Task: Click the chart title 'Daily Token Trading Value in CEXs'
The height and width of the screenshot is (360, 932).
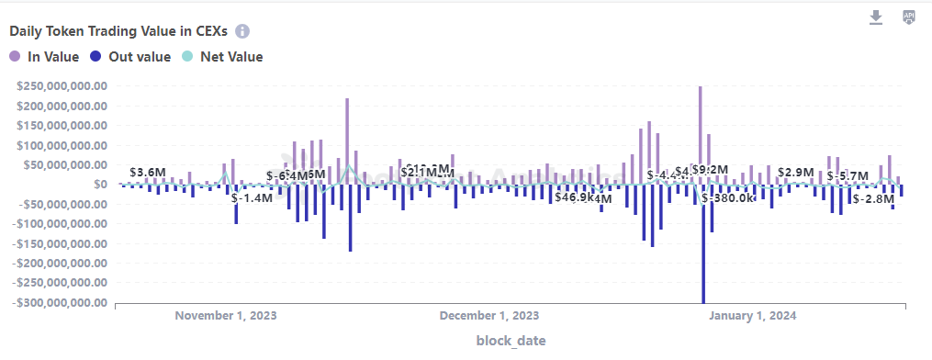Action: click(x=118, y=30)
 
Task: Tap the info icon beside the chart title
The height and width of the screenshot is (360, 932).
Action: click(x=242, y=31)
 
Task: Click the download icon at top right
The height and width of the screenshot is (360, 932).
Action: click(x=876, y=17)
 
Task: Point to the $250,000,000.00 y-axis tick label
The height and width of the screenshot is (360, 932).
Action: click(x=62, y=85)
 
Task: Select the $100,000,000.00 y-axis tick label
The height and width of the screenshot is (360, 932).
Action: click(x=62, y=145)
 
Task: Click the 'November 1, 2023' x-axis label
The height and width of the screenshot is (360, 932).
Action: click(x=226, y=316)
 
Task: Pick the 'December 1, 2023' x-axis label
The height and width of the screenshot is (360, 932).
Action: click(x=489, y=316)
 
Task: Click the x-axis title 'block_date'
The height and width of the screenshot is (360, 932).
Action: click(x=511, y=341)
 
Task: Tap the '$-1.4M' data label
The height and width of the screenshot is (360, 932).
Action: click(x=252, y=197)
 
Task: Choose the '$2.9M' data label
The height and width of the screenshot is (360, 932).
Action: click(x=795, y=173)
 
